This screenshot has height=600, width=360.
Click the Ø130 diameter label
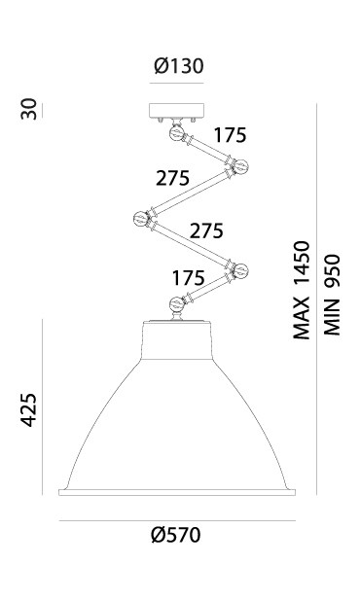(x=179, y=66)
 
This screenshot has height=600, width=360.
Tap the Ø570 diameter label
(x=176, y=535)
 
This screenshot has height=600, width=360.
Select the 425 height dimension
(x=29, y=409)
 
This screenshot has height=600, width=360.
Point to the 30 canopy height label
(x=29, y=109)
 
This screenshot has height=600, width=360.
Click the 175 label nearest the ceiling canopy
(x=230, y=135)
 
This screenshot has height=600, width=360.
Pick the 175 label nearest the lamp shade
(x=188, y=278)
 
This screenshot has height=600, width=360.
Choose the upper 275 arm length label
(x=173, y=178)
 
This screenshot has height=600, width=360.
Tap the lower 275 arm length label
(x=206, y=230)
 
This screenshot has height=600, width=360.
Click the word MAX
(x=301, y=318)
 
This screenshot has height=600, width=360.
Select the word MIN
(x=332, y=317)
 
